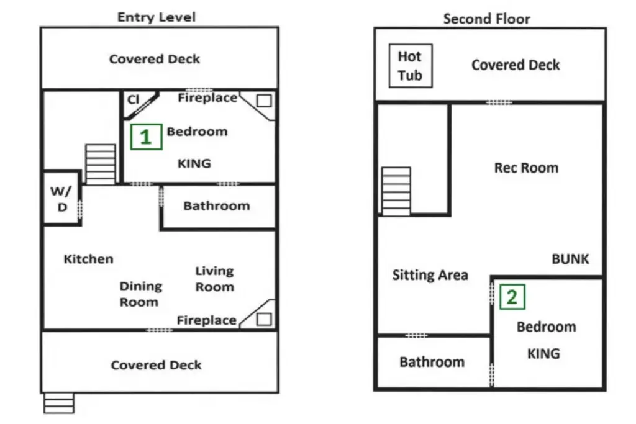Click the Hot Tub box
411,66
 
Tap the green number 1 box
146,137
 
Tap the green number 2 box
512,297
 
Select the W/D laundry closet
62,198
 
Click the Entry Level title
156,17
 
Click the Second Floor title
486,19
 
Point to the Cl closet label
133,99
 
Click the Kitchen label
88,259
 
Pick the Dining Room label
140,294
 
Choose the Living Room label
214,279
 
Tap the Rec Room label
526,168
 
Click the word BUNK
570,259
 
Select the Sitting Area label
430,275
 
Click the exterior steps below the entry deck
59,403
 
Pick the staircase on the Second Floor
396,191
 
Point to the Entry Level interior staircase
100,165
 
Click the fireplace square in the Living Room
263,320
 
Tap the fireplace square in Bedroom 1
264,101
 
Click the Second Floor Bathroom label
432,362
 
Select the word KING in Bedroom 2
543,354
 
